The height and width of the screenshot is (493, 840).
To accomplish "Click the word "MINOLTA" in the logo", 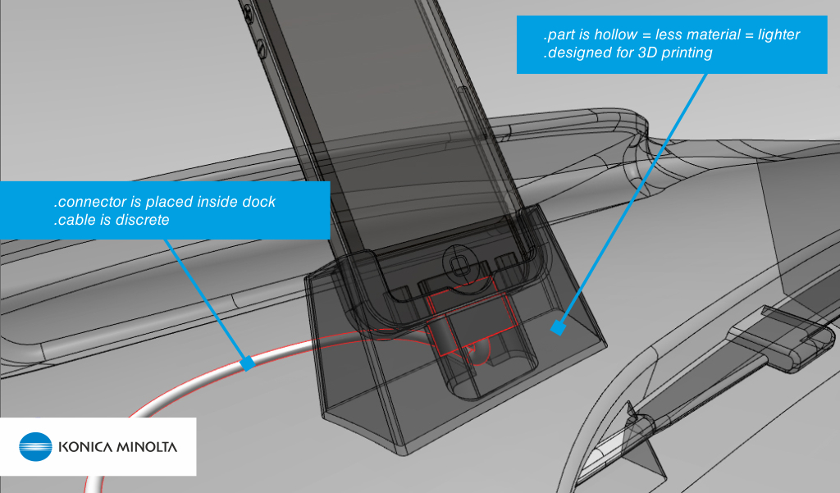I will pyautogui.click(x=148, y=448).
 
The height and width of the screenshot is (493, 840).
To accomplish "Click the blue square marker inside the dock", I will pyautogui.click(x=559, y=328).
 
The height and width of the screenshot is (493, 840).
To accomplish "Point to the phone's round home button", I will pyautogui.click(x=458, y=264).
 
